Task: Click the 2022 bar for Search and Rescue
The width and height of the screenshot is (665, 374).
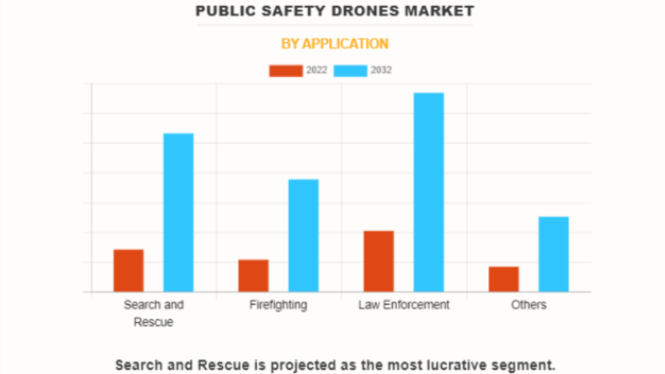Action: [128, 270]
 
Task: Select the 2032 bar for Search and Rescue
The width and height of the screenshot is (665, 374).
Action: [178, 213]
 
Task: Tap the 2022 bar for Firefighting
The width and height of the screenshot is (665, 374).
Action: [253, 276]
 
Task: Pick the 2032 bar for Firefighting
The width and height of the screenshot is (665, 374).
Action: [303, 235]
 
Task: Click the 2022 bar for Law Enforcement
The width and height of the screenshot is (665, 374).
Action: [378, 261]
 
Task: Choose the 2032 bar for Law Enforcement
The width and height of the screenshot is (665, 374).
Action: [428, 192]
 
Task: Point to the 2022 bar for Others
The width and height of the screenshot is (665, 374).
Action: [503, 279]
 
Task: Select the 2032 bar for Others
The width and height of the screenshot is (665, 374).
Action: [553, 254]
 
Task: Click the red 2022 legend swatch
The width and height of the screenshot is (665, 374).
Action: [285, 70]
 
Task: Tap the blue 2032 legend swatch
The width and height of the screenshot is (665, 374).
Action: [350, 70]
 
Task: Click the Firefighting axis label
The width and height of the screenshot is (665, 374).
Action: [278, 305]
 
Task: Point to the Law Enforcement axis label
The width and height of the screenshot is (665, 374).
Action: [404, 305]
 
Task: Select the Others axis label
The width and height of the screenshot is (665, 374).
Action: [529, 305]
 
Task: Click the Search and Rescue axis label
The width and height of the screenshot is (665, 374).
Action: [153, 313]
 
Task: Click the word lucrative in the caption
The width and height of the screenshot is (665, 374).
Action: [440, 365]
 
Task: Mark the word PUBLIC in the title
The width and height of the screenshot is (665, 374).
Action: [221, 11]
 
